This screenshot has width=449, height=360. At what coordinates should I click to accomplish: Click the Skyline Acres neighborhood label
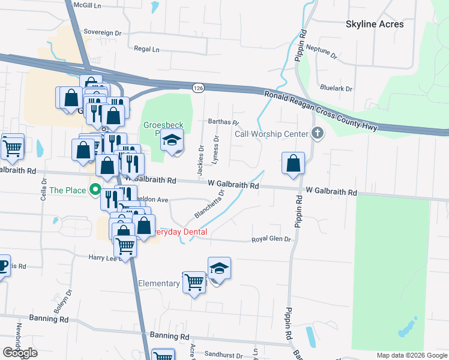coord(375,24)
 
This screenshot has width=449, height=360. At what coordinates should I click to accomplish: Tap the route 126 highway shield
coord(197,88)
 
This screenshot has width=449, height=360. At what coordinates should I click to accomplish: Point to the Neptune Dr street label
coord(322,50)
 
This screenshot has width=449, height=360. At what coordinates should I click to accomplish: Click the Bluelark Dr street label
coord(336,88)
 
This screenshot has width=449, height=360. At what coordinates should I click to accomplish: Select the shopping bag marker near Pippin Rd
coord(293,163)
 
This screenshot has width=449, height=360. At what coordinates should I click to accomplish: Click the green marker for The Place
coord(95,191)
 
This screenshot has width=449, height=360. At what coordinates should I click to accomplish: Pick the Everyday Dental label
coord(180,232)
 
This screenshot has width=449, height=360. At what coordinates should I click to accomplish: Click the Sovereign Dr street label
coord(103,32)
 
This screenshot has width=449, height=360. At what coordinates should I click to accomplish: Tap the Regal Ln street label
coord(147,49)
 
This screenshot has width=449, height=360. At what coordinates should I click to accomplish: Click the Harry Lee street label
coord(101,257)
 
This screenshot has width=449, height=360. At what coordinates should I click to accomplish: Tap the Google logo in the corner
coord(20,353)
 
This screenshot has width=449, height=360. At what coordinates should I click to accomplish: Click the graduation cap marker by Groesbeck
coord(172,142)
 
